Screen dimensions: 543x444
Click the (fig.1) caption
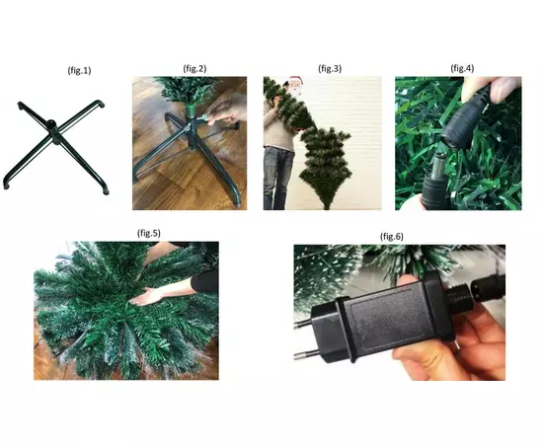tap(79, 71)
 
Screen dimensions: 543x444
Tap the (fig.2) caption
tap(194, 68)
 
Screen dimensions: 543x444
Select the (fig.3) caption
tap(330, 68)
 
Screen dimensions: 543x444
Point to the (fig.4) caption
tap(462, 68)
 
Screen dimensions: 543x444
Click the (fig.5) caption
tap(149, 233)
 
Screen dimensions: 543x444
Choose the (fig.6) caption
tap(392, 237)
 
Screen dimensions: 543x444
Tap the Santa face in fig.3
tap(295, 84)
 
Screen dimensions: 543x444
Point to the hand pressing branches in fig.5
tap(146, 297)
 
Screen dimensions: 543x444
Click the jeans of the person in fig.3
tap(277, 177)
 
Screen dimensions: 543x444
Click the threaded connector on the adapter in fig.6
tap(459, 298)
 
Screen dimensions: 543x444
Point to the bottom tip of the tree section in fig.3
tap(327, 207)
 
